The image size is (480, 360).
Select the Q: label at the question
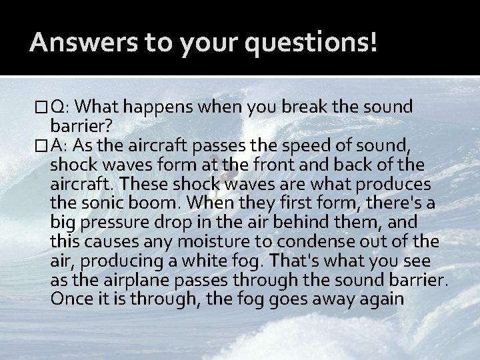point(58,107)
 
